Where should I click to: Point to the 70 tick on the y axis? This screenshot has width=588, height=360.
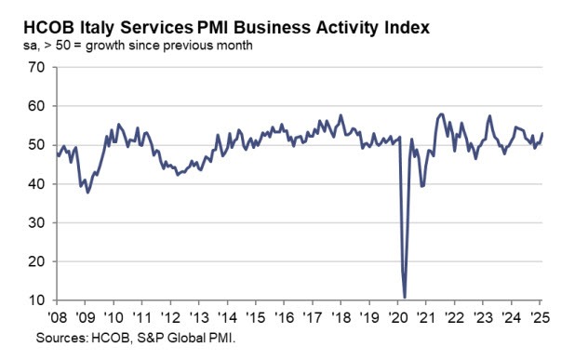(37, 68)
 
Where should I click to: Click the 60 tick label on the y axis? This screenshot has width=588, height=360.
(37, 107)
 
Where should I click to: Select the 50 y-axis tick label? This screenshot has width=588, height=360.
(37, 146)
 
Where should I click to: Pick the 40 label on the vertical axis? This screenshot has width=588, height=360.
(37, 184)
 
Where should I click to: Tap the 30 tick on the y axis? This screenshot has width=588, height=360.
(37, 223)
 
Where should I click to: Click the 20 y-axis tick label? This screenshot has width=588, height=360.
(37, 262)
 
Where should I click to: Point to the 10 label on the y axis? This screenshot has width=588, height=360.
(37, 301)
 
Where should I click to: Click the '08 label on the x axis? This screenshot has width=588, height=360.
(55, 316)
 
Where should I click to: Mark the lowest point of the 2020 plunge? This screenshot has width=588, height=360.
(405, 298)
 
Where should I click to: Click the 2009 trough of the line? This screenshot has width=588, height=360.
(87, 192)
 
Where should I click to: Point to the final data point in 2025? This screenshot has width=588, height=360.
(543, 133)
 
